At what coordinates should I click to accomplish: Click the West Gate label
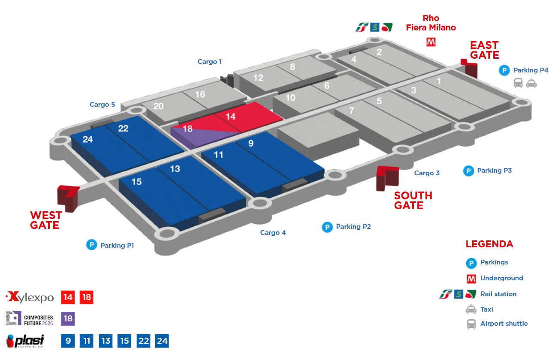click(46, 220)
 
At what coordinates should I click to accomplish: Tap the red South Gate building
click(387, 178)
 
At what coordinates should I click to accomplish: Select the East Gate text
click(485, 50)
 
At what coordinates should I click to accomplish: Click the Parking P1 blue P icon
click(92, 245)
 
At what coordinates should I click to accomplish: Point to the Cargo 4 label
click(273, 232)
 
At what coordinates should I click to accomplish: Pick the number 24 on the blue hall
click(87, 139)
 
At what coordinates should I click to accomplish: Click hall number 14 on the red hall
click(230, 117)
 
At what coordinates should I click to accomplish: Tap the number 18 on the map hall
click(187, 129)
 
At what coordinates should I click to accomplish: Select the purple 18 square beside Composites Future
click(68, 318)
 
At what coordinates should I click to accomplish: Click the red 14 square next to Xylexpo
click(68, 297)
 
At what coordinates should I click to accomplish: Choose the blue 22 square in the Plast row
click(143, 341)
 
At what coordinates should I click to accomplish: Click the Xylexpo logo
click(30, 297)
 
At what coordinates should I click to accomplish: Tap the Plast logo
click(25, 341)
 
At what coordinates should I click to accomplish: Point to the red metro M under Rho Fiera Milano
click(431, 42)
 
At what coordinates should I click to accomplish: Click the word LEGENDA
click(489, 244)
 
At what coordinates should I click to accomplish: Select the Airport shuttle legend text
click(504, 323)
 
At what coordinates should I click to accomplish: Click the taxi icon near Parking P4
click(531, 84)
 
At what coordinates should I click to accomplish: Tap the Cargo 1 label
click(209, 61)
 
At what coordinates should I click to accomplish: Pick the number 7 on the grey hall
click(351, 111)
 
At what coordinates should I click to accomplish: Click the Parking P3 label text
click(494, 170)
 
